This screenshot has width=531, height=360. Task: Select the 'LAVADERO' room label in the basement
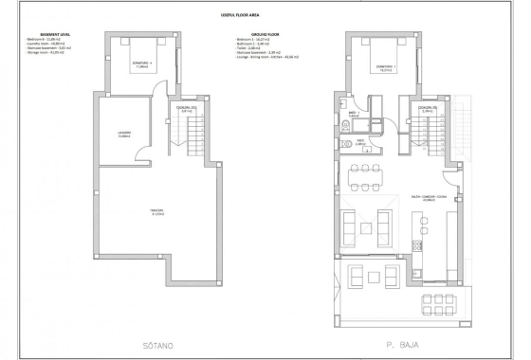(x=123, y=134)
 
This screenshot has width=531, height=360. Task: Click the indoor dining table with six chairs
(x=366, y=176)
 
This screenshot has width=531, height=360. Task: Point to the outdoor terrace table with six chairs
(x=366, y=277)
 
